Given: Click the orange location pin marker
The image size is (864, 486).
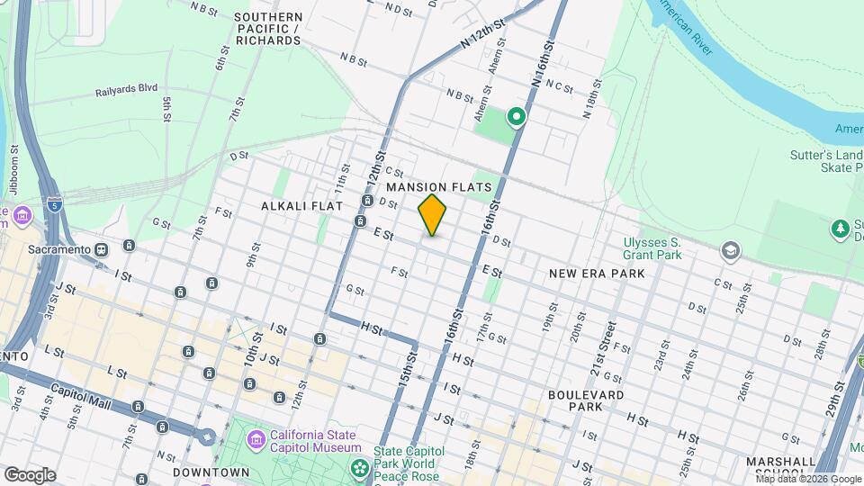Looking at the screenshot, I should pyautogui.click(x=432, y=214).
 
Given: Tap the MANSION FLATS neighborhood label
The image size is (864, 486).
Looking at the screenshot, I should pyautogui.click(x=439, y=187).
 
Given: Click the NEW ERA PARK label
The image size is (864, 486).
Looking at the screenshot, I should pyautogui.click(x=597, y=272).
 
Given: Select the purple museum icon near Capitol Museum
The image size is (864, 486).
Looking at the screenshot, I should pyautogui.click(x=256, y=440).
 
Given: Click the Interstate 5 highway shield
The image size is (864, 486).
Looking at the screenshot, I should pyautogui.click(x=55, y=204).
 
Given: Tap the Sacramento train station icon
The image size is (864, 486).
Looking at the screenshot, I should pyautogui.click(x=101, y=248).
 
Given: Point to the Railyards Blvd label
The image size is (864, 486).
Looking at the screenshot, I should pyautogui.click(x=127, y=90).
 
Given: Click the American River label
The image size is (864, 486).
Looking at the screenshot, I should pyautogui.click(x=689, y=28).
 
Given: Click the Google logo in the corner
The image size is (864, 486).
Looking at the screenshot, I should pyautogui.click(x=30, y=474).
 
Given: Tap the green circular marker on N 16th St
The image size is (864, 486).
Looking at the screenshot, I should pyautogui.click(x=516, y=115).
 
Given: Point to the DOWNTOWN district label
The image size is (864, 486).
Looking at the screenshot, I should pyautogui.click(x=211, y=472).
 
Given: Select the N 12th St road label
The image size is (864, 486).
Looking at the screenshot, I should pyautogui.click(x=479, y=37).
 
